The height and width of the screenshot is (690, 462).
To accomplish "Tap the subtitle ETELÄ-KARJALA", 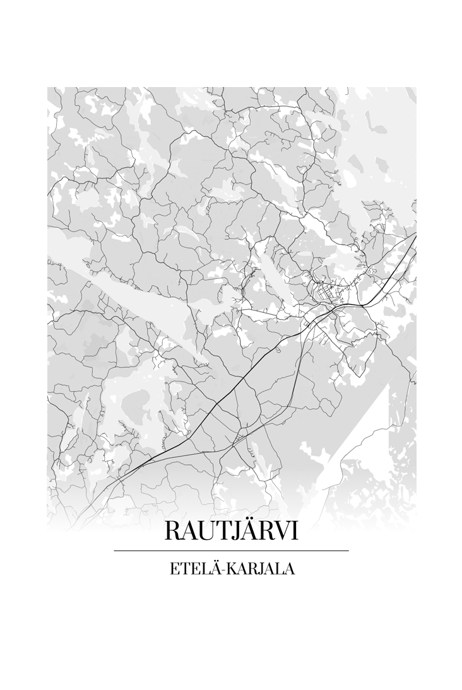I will pos(232,569).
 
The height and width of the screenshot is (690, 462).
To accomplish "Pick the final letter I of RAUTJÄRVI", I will pos(295,531).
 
